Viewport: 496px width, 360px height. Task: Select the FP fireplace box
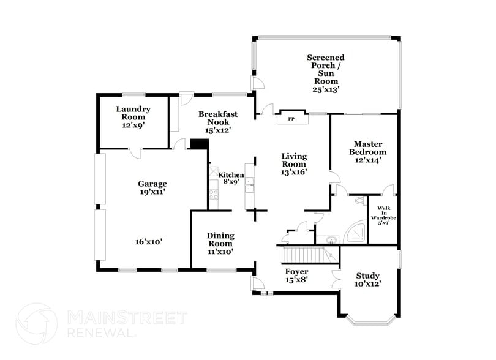(291, 119)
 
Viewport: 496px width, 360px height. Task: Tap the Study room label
(367, 276)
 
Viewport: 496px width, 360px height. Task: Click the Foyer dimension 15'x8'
(297, 280)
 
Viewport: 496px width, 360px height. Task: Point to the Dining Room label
(220, 239)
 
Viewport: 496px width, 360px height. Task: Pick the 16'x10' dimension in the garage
(149, 242)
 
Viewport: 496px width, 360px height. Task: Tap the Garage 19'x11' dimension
(152, 192)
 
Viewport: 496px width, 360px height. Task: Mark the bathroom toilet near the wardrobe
(359, 200)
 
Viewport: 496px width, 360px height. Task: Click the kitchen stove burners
(214, 195)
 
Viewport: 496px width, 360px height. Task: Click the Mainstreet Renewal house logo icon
(36, 323)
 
